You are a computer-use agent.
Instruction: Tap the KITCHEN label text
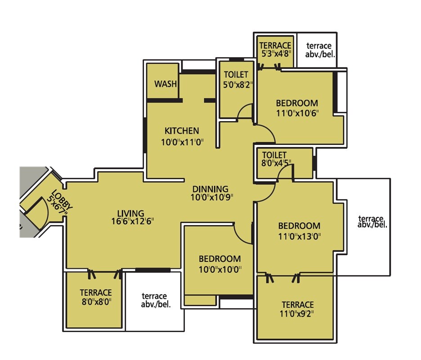tap(182, 131)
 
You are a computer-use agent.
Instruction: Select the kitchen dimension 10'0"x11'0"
tap(183, 143)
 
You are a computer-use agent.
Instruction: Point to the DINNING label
tap(210, 189)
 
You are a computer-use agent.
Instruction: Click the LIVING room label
tap(130, 213)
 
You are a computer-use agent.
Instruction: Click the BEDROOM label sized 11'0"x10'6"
tap(296, 103)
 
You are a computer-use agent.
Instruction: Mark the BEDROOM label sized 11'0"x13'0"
tap(299, 226)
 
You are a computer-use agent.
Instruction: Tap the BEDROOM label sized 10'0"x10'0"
tap(219, 259)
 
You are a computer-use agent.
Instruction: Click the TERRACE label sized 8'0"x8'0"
tap(96, 292)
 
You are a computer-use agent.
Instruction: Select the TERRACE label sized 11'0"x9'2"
tap(297, 305)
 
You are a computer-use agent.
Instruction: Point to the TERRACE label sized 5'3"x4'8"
tap(275, 45)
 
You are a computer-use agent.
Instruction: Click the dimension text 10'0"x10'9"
tap(211, 197)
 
